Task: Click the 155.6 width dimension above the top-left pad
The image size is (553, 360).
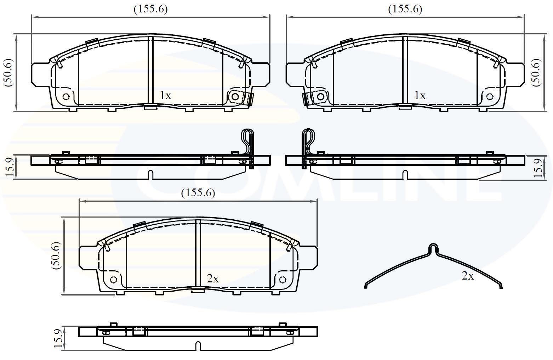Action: (x=150, y=9)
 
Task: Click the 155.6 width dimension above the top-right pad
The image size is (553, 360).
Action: (x=405, y=9)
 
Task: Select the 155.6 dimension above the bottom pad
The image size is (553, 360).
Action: (x=198, y=193)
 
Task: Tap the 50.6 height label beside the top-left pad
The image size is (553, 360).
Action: (x=8, y=72)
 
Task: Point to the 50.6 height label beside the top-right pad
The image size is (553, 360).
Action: (x=536, y=72)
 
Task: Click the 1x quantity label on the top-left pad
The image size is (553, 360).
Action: (x=165, y=95)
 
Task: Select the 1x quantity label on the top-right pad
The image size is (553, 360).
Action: (x=420, y=95)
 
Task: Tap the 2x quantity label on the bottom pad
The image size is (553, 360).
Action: (x=213, y=279)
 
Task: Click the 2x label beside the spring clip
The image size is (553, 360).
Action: (x=468, y=276)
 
